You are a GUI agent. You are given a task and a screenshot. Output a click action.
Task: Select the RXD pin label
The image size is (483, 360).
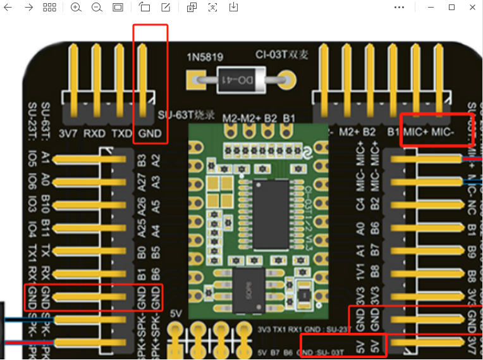[x=95, y=133]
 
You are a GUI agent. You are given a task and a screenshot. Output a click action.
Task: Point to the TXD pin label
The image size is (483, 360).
[x=121, y=133]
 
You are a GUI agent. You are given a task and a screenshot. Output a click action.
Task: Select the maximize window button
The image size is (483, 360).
[x=452, y=7]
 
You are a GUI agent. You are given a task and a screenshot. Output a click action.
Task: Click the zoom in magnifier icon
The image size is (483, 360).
[x=76, y=7]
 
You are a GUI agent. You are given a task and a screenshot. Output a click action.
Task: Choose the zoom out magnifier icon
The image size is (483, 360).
[x=97, y=7]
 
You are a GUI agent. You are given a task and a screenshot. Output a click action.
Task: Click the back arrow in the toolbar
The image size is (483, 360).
[x=8, y=7]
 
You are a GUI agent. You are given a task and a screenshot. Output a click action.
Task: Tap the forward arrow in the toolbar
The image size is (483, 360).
[x=29, y=7]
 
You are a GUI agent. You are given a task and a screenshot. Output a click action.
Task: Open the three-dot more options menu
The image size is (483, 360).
[x=399, y=7]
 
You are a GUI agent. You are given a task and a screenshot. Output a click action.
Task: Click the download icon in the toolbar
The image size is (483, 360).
[x=233, y=7]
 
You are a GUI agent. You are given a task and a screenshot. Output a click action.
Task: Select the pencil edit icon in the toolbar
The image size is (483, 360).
[x=166, y=7]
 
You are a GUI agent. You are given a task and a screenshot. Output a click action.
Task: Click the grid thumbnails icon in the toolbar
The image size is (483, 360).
[x=50, y=7]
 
